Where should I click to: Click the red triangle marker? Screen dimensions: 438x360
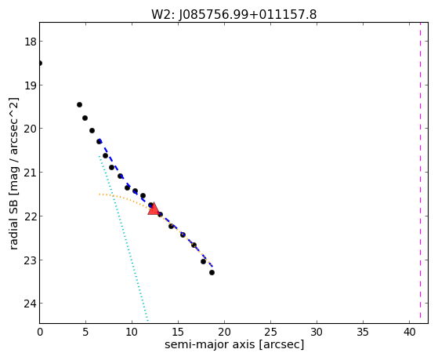[x=154, y=209]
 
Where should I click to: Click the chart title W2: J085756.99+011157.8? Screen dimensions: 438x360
[x=233, y=15]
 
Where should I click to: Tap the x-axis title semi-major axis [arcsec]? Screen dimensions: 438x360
[x=234, y=344]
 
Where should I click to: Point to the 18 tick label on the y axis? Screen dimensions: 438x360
[x=30, y=42]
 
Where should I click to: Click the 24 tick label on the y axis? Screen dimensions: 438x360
[x=30, y=304]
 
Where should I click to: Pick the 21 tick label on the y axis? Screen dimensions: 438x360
[x=30, y=173]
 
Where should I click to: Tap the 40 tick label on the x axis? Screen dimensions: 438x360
[x=409, y=332]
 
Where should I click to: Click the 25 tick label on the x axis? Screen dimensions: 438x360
[x=270, y=332]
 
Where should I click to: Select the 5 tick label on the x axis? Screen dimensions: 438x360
[x=85, y=332]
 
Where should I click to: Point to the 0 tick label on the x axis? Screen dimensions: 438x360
[x=40, y=332]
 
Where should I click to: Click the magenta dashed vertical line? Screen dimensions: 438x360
[x=420, y=173]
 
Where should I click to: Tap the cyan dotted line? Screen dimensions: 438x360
[x=123, y=238]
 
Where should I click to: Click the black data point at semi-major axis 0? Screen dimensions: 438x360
[x=40, y=64]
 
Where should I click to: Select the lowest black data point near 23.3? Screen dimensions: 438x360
[x=212, y=272]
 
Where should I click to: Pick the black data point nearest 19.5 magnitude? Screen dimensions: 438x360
[x=79, y=104]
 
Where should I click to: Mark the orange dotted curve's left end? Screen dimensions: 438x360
[x=100, y=195]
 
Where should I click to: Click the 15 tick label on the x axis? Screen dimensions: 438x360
[x=178, y=332]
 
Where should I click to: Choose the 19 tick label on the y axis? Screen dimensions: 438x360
[x=30, y=85]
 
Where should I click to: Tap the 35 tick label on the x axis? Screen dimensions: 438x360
[x=363, y=332]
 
